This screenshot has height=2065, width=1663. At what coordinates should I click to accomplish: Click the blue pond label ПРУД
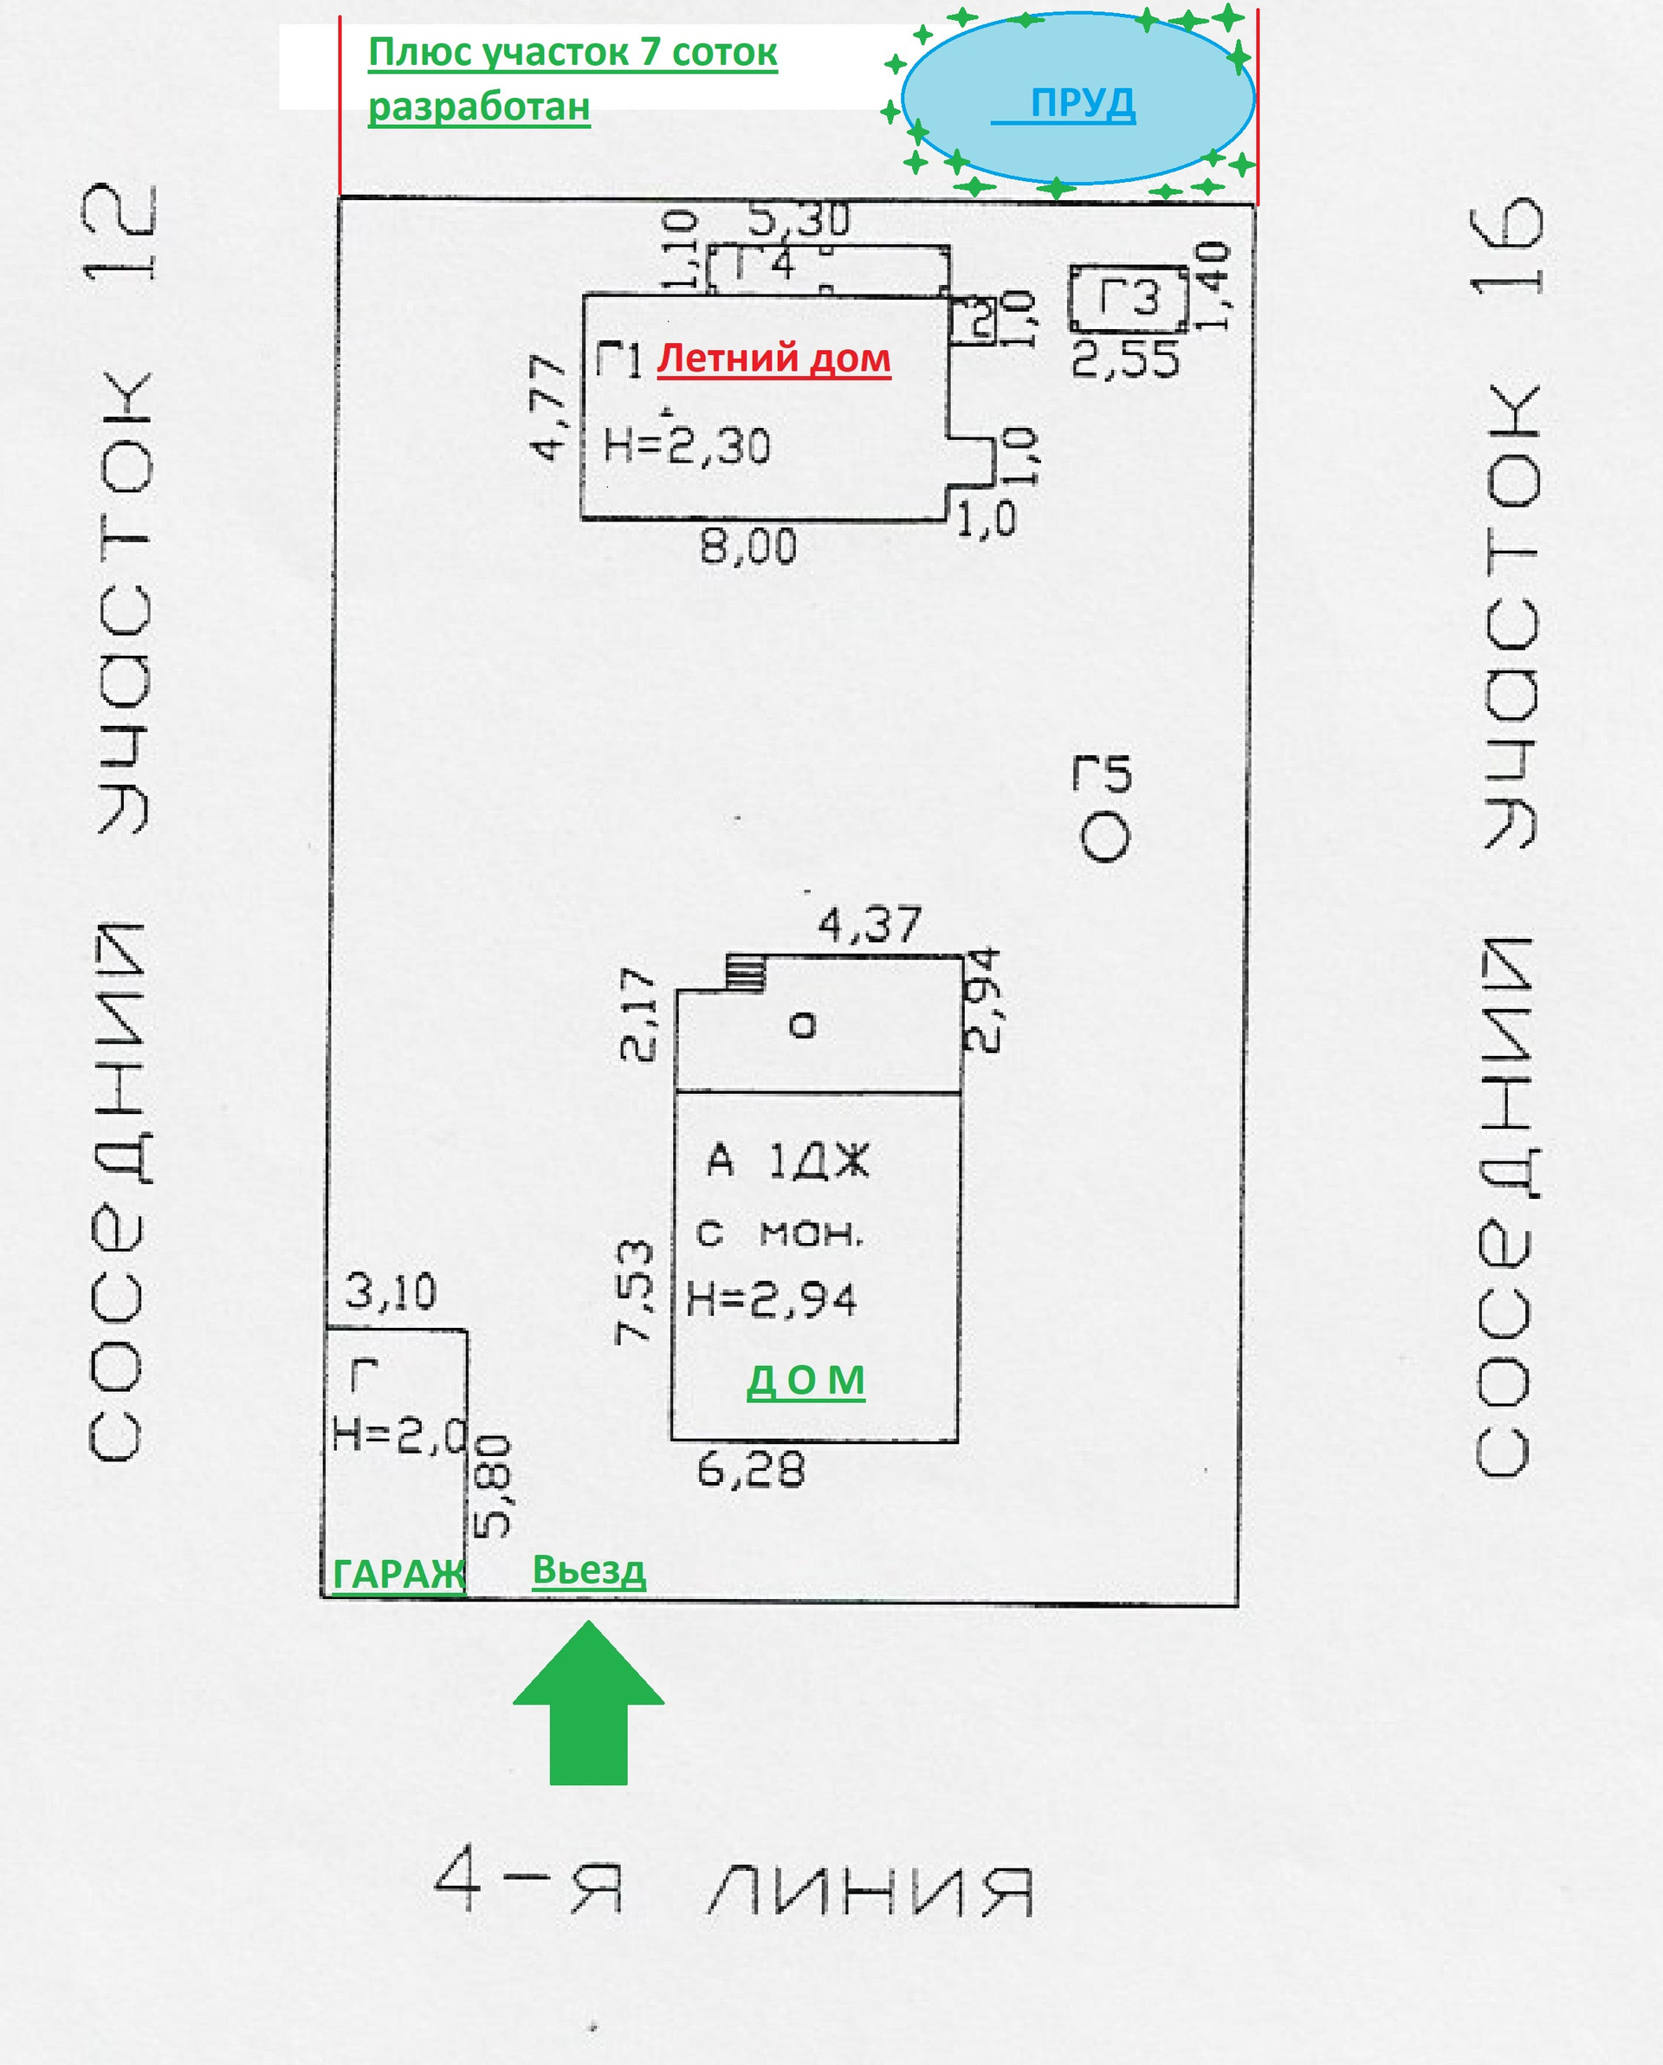tap(1083, 101)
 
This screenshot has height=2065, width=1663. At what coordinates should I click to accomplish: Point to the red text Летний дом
tap(774, 359)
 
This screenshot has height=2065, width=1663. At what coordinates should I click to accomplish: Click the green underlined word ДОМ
tap(806, 1380)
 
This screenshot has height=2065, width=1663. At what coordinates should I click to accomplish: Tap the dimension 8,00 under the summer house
tap(748, 547)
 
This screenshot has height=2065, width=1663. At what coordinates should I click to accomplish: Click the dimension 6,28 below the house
tap(751, 1469)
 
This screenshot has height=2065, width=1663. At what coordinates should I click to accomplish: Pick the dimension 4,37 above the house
tap(869, 925)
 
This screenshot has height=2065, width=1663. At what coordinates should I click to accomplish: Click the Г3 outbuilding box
tap(1129, 299)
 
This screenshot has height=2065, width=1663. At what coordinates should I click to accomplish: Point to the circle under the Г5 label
tap(1104, 837)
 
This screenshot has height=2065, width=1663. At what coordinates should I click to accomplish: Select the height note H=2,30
tap(687, 446)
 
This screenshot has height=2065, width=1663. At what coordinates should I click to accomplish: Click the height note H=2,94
tap(772, 1300)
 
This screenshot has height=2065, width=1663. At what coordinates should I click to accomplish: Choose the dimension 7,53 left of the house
tap(635, 1291)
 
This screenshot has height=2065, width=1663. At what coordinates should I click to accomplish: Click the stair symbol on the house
tap(745, 974)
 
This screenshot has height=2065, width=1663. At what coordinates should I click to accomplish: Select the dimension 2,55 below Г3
tap(1126, 360)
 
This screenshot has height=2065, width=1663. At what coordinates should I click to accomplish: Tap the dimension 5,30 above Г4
tap(798, 221)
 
